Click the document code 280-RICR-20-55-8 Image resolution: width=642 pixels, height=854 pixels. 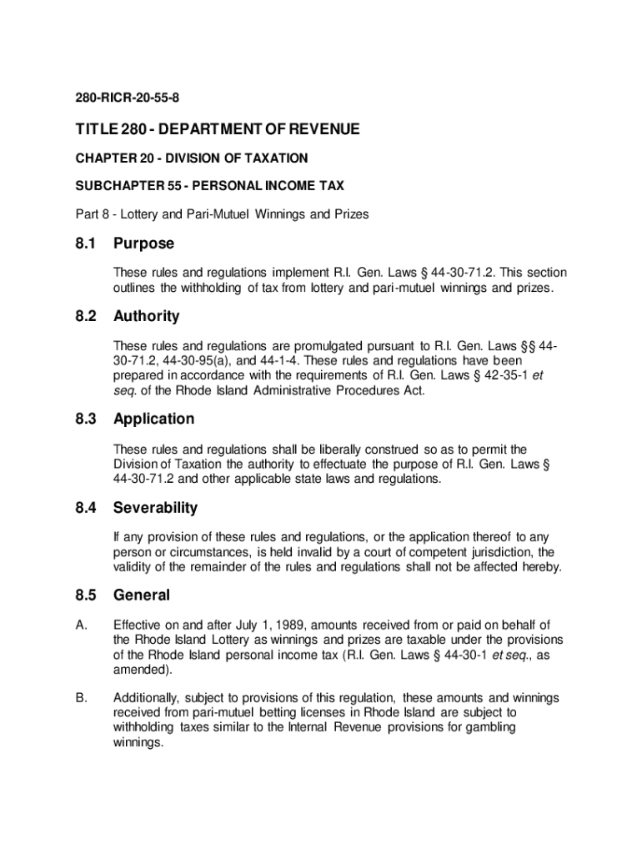[x=128, y=98]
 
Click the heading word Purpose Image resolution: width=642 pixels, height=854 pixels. [x=144, y=244]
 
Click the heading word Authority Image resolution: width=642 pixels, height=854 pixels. [x=146, y=317]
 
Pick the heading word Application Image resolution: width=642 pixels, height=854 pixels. [x=153, y=419]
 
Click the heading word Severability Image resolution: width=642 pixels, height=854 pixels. [x=156, y=507]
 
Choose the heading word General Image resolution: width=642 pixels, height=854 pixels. [x=142, y=595]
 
